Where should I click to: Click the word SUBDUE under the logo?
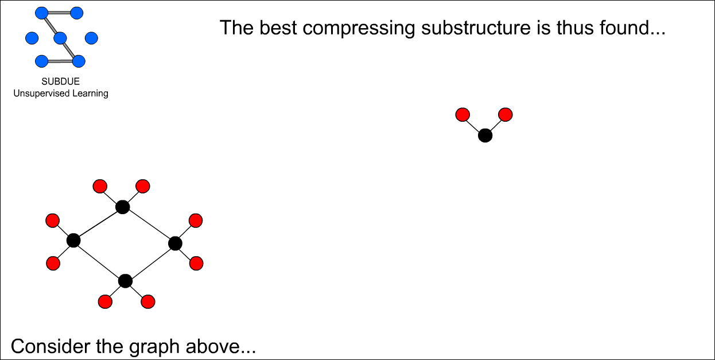(60, 82)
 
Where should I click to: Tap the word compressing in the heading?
(359, 28)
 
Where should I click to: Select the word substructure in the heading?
(476, 28)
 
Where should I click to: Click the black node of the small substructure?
(485, 136)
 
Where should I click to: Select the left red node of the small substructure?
(463, 115)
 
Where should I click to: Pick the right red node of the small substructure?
(506, 115)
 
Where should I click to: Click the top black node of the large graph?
(123, 207)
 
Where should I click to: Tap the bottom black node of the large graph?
(125, 281)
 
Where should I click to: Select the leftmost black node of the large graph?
(73, 240)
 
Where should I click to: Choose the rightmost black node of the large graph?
(175, 243)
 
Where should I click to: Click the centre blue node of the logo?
(60, 38)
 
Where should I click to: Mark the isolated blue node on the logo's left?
(32, 38)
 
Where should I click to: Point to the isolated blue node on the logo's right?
(91, 38)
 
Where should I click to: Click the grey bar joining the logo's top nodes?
(59, 13)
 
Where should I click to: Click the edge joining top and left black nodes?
(98, 223)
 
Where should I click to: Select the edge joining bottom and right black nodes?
(150, 262)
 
